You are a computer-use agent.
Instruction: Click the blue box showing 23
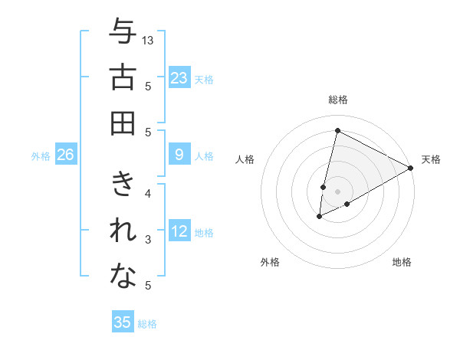click(179, 78)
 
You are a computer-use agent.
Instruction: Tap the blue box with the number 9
click(179, 155)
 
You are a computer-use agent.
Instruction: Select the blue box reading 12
click(179, 232)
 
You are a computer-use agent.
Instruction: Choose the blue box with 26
click(65, 155)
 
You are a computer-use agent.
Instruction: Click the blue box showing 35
click(123, 322)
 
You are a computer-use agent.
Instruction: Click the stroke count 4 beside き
click(147, 193)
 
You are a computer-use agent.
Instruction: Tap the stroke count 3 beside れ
click(147, 240)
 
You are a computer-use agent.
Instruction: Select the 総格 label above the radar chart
click(338, 100)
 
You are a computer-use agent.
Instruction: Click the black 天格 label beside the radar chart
click(431, 159)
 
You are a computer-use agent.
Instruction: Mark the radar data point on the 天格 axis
click(412, 168)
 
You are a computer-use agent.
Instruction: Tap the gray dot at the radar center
click(338, 191)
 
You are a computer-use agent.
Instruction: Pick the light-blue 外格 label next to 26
click(41, 156)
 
